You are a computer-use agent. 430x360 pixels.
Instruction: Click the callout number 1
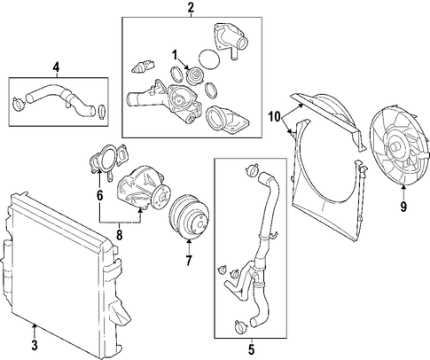[x=175, y=55]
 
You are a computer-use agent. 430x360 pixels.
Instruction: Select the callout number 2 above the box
[x=191, y=8]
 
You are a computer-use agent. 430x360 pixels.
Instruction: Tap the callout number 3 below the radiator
[x=35, y=345]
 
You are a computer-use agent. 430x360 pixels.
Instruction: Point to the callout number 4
[x=56, y=68]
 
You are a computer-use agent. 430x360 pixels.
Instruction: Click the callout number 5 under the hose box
[x=251, y=349]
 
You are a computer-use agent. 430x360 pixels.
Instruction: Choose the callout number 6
[x=99, y=195]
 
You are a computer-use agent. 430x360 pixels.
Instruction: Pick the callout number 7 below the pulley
[x=189, y=261]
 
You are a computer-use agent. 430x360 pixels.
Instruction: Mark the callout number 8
[x=119, y=235]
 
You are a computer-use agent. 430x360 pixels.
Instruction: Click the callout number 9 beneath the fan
[x=403, y=206]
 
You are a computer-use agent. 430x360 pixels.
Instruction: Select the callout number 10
[x=275, y=117]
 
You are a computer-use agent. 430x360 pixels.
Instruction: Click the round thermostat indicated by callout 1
[x=195, y=76]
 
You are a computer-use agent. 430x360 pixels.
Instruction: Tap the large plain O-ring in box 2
[x=209, y=59]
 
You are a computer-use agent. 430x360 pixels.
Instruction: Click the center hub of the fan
[x=395, y=146]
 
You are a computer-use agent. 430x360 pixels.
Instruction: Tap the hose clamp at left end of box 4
[x=20, y=103]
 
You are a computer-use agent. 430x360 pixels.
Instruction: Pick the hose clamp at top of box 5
[x=252, y=170]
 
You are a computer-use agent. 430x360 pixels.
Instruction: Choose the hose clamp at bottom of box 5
[x=240, y=325]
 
